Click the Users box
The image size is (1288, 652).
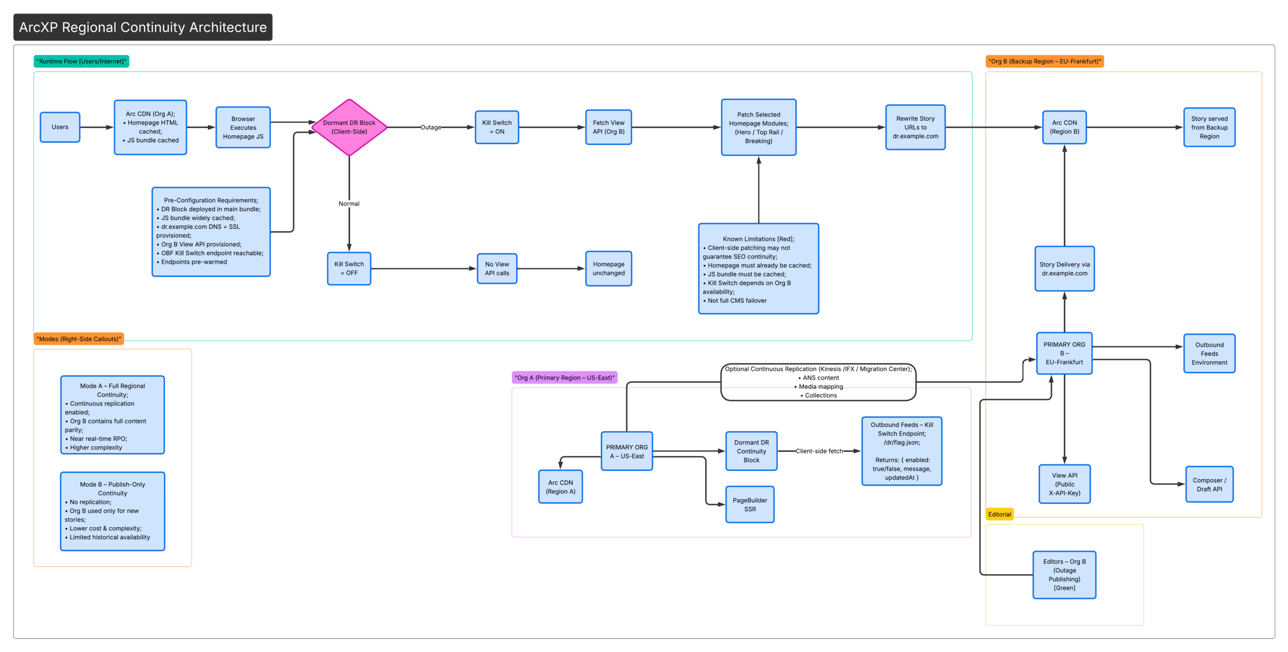click(x=60, y=127)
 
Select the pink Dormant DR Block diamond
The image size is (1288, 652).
click(x=349, y=127)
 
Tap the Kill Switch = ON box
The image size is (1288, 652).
click(x=497, y=127)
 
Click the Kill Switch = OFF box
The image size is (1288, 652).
click(x=349, y=269)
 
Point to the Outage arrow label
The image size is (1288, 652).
click(x=431, y=128)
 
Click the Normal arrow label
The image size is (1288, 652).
click(x=349, y=204)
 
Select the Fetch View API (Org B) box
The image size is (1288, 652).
click(x=609, y=127)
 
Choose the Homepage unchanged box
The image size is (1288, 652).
click(x=609, y=269)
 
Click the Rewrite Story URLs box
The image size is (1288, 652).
click(x=915, y=127)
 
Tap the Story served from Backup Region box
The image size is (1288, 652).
click(x=1209, y=127)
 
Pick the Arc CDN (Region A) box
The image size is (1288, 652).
click(x=560, y=487)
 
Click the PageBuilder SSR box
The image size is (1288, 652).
click(x=750, y=505)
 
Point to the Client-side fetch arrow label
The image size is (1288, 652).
click(x=819, y=451)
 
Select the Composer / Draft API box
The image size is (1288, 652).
click(x=1209, y=484)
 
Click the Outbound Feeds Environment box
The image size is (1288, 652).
click(x=1209, y=353)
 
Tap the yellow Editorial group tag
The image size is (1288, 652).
click(x=999, y=514)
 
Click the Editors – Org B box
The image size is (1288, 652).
click(x=1064, y=575)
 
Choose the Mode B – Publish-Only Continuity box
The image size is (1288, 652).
click(x=113, y=511)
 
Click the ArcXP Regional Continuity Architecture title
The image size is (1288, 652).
click(x=143, y=27)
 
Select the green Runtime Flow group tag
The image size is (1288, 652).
click(x=82, y=61)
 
